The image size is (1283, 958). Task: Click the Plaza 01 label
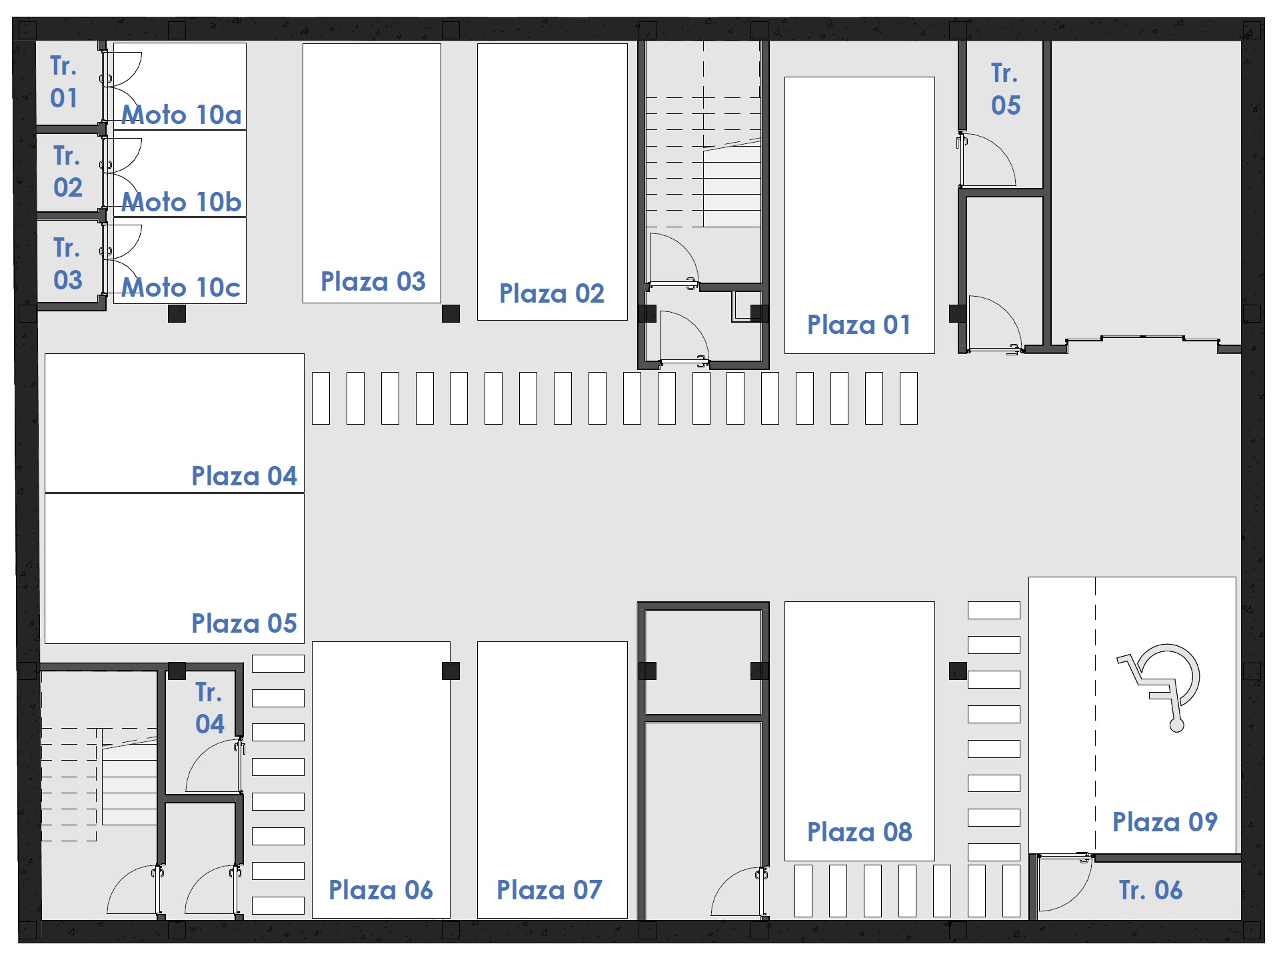[858, 325]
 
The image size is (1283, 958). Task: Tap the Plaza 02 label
[551, 293]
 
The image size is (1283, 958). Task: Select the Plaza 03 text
[373, 281]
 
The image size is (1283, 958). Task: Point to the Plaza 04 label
[244, 476]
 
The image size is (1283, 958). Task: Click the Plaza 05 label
[244, 623]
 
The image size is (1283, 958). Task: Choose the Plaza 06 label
[381, 890]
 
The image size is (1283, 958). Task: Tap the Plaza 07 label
[549, 890]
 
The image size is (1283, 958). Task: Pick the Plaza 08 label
[859, 832]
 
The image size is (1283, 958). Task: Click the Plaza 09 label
[1165, 822]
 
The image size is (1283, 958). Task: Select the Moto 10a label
[181, 115]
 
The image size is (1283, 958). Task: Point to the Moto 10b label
[181, 202]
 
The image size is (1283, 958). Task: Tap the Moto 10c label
[181, 287]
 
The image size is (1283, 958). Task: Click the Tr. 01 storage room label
[64, 81]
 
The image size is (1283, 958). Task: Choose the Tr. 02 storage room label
[67, 171]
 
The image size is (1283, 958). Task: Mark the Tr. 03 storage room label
[67, 263]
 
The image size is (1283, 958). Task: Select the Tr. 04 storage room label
[209, 708]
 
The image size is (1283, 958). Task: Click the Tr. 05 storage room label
[1005, 89]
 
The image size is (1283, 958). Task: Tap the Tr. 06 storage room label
[1150, 890]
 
